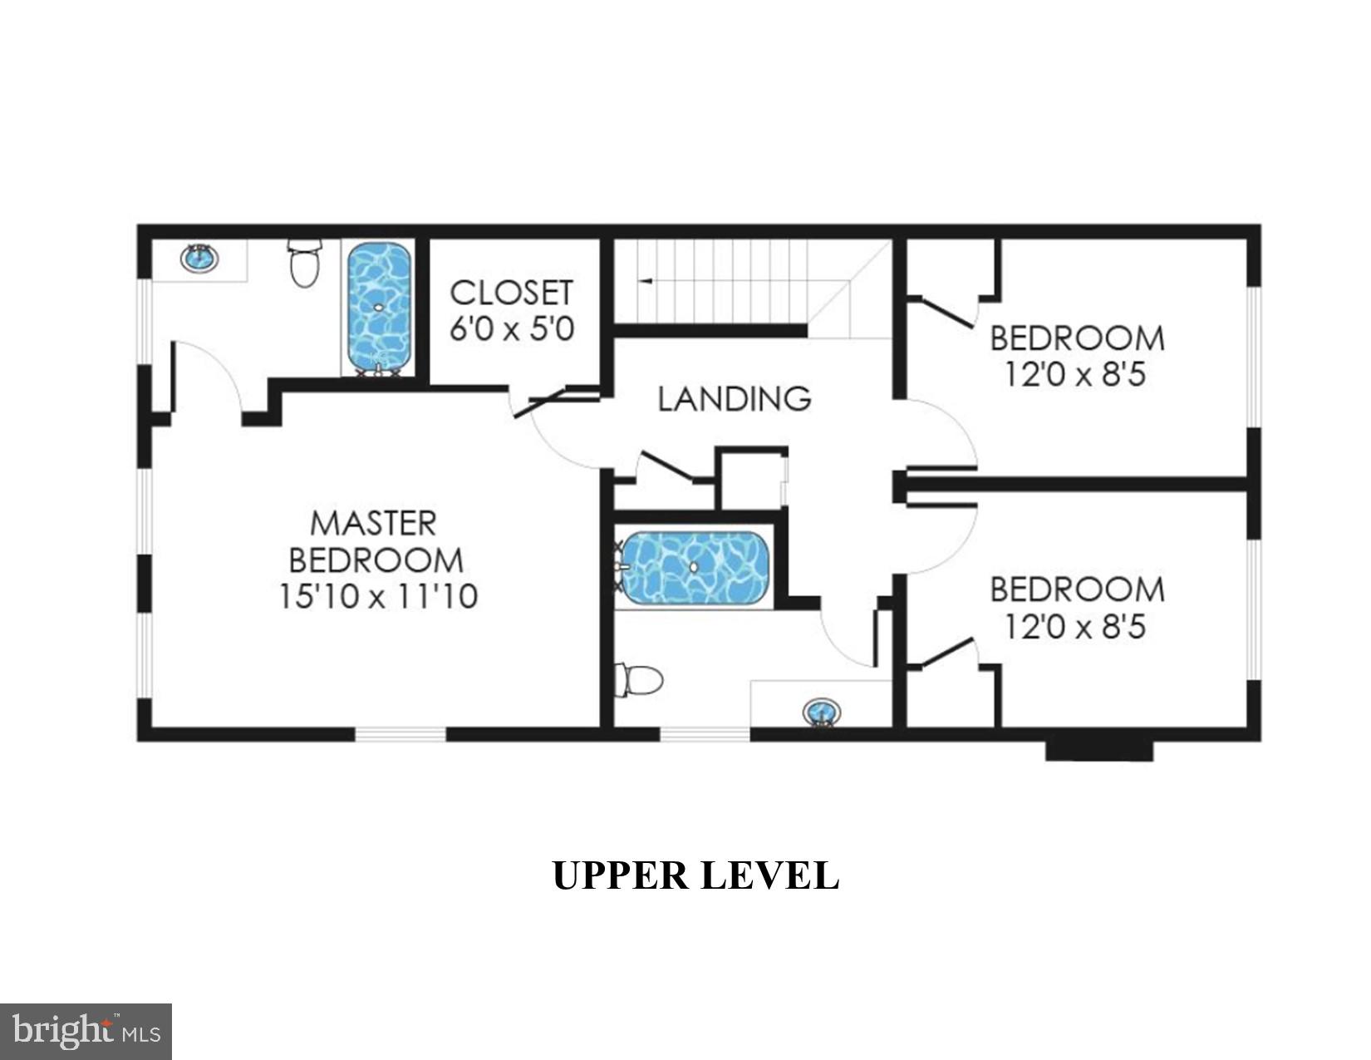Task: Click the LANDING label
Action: click(x=735, y=399)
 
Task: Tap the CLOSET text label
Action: click(x=511, y=293)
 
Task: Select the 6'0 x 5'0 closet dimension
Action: click(x=511, y=329)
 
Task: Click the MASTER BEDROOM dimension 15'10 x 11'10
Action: click(x=378, y=596)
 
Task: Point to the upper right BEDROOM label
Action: click(x=1077, y=339)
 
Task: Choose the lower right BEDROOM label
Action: click(x=1077, y=589)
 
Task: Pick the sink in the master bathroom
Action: click(x=200, y=259)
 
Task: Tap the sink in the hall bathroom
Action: click(x=822, y=712)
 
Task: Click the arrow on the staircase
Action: click(x=644, y=282)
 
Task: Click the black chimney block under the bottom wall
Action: click(x=1098, y=750)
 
